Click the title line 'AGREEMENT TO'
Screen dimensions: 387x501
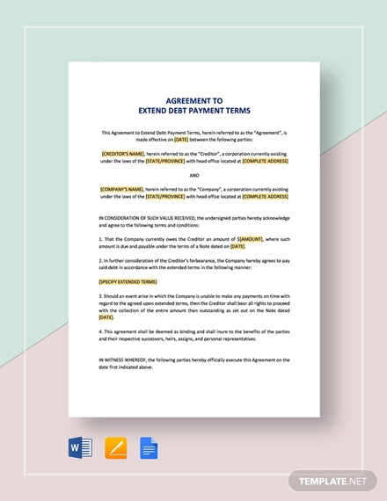193,100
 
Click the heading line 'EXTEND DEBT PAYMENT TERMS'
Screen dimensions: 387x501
193,111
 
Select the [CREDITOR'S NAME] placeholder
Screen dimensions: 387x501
129,153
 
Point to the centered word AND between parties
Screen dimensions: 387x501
193,174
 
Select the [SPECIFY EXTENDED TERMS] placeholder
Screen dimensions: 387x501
128,282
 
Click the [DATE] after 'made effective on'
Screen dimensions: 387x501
181,139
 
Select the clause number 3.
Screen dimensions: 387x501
101,296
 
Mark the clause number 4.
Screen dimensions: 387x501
101,330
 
